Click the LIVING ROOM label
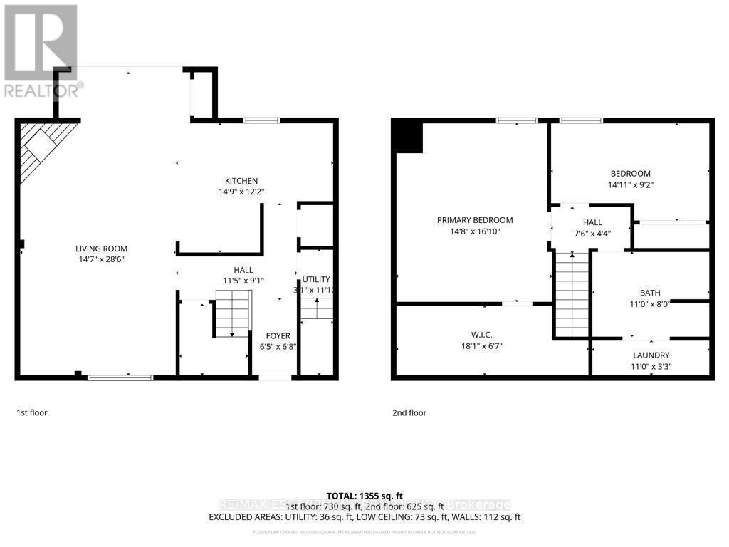(102, 249)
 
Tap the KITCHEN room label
(241, 181)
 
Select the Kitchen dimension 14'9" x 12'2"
(241, 191)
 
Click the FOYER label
(278, 336)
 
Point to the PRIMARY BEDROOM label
(475, 220)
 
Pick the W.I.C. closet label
(482, 335)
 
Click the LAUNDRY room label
(651, 355)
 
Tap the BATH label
(650, 293)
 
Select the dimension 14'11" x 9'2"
(630, 184)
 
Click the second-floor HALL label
(592, 223)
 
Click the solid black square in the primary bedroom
(409, 137)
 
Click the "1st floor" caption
(32, 412)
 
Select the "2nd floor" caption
(409, 412)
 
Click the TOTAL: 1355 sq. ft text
(364, 496)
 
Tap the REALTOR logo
(41, 51)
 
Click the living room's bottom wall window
(120, 377)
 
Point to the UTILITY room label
(316, 279)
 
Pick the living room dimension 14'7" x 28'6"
(102, 259)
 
